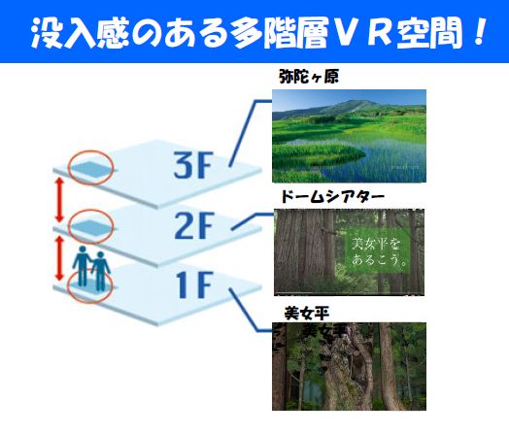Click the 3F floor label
[x=193, y=165]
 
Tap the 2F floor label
[x=194, y=225]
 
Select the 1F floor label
[x=194, y=284]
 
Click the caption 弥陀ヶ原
[x=309, y=78]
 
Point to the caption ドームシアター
[x=332, y=196]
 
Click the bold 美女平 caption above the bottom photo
[x=307, y=314]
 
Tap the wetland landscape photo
[x=349, y=136]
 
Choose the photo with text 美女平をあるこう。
[x=349, y=252]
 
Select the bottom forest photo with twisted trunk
[x=349, y=367]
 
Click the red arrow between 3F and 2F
[x=59, y=200]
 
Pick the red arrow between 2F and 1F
[x=59, y=258]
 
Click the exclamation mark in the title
[x=479, y=31]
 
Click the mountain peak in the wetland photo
[x=353, y=102]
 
